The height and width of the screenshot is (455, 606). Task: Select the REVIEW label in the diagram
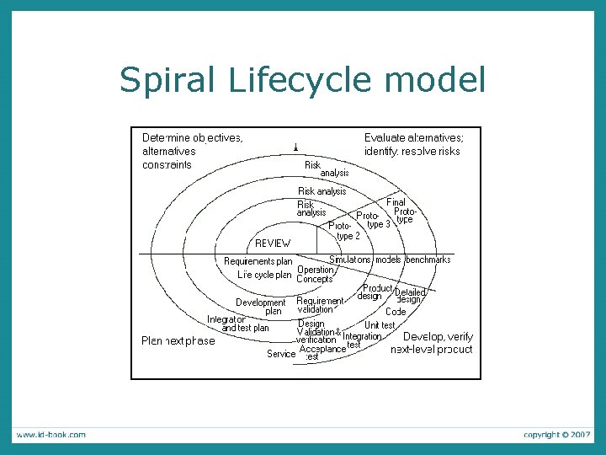(273, 243)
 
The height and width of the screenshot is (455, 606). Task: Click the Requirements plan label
(258, 261)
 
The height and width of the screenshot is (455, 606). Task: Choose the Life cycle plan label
(264, 275)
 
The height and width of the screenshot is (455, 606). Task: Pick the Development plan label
(261, 307)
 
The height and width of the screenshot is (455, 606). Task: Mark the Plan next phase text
(178, 341)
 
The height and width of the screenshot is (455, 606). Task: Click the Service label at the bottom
(281, 354)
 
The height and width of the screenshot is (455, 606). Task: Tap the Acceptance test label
(322, 352)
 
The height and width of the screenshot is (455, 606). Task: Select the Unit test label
(380, 325)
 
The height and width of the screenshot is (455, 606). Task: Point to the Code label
(396, 312)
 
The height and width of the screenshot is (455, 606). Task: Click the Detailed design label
(409, 296)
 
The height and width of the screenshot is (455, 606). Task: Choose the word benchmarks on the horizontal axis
(428, 260)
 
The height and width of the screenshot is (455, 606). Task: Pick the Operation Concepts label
(316, 275)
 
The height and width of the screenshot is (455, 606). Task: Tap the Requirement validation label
(320, 305)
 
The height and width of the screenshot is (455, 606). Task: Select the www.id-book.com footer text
(50, 435)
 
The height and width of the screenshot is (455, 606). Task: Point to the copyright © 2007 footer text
(556, 435)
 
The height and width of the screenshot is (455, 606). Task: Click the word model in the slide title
(439, 81)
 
